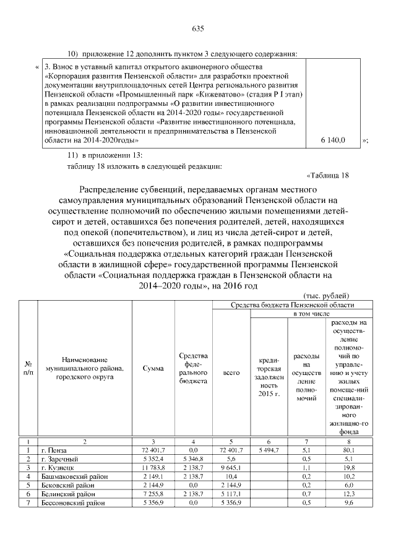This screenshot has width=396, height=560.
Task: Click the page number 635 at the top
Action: [x=198, y=29]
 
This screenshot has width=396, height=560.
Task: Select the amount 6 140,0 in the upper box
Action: [x=333, y=141]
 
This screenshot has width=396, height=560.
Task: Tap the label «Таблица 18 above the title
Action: [x=328, y=174]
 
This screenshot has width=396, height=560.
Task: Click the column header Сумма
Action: [x=153, y=369]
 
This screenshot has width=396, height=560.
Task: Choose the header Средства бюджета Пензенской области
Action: [x=293, y=305]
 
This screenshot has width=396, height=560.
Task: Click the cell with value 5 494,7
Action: [x=267, y=450]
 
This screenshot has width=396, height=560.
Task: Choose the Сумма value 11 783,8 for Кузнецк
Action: [x=153, y=468]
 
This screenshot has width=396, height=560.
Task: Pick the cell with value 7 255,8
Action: [x=153, y=495]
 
